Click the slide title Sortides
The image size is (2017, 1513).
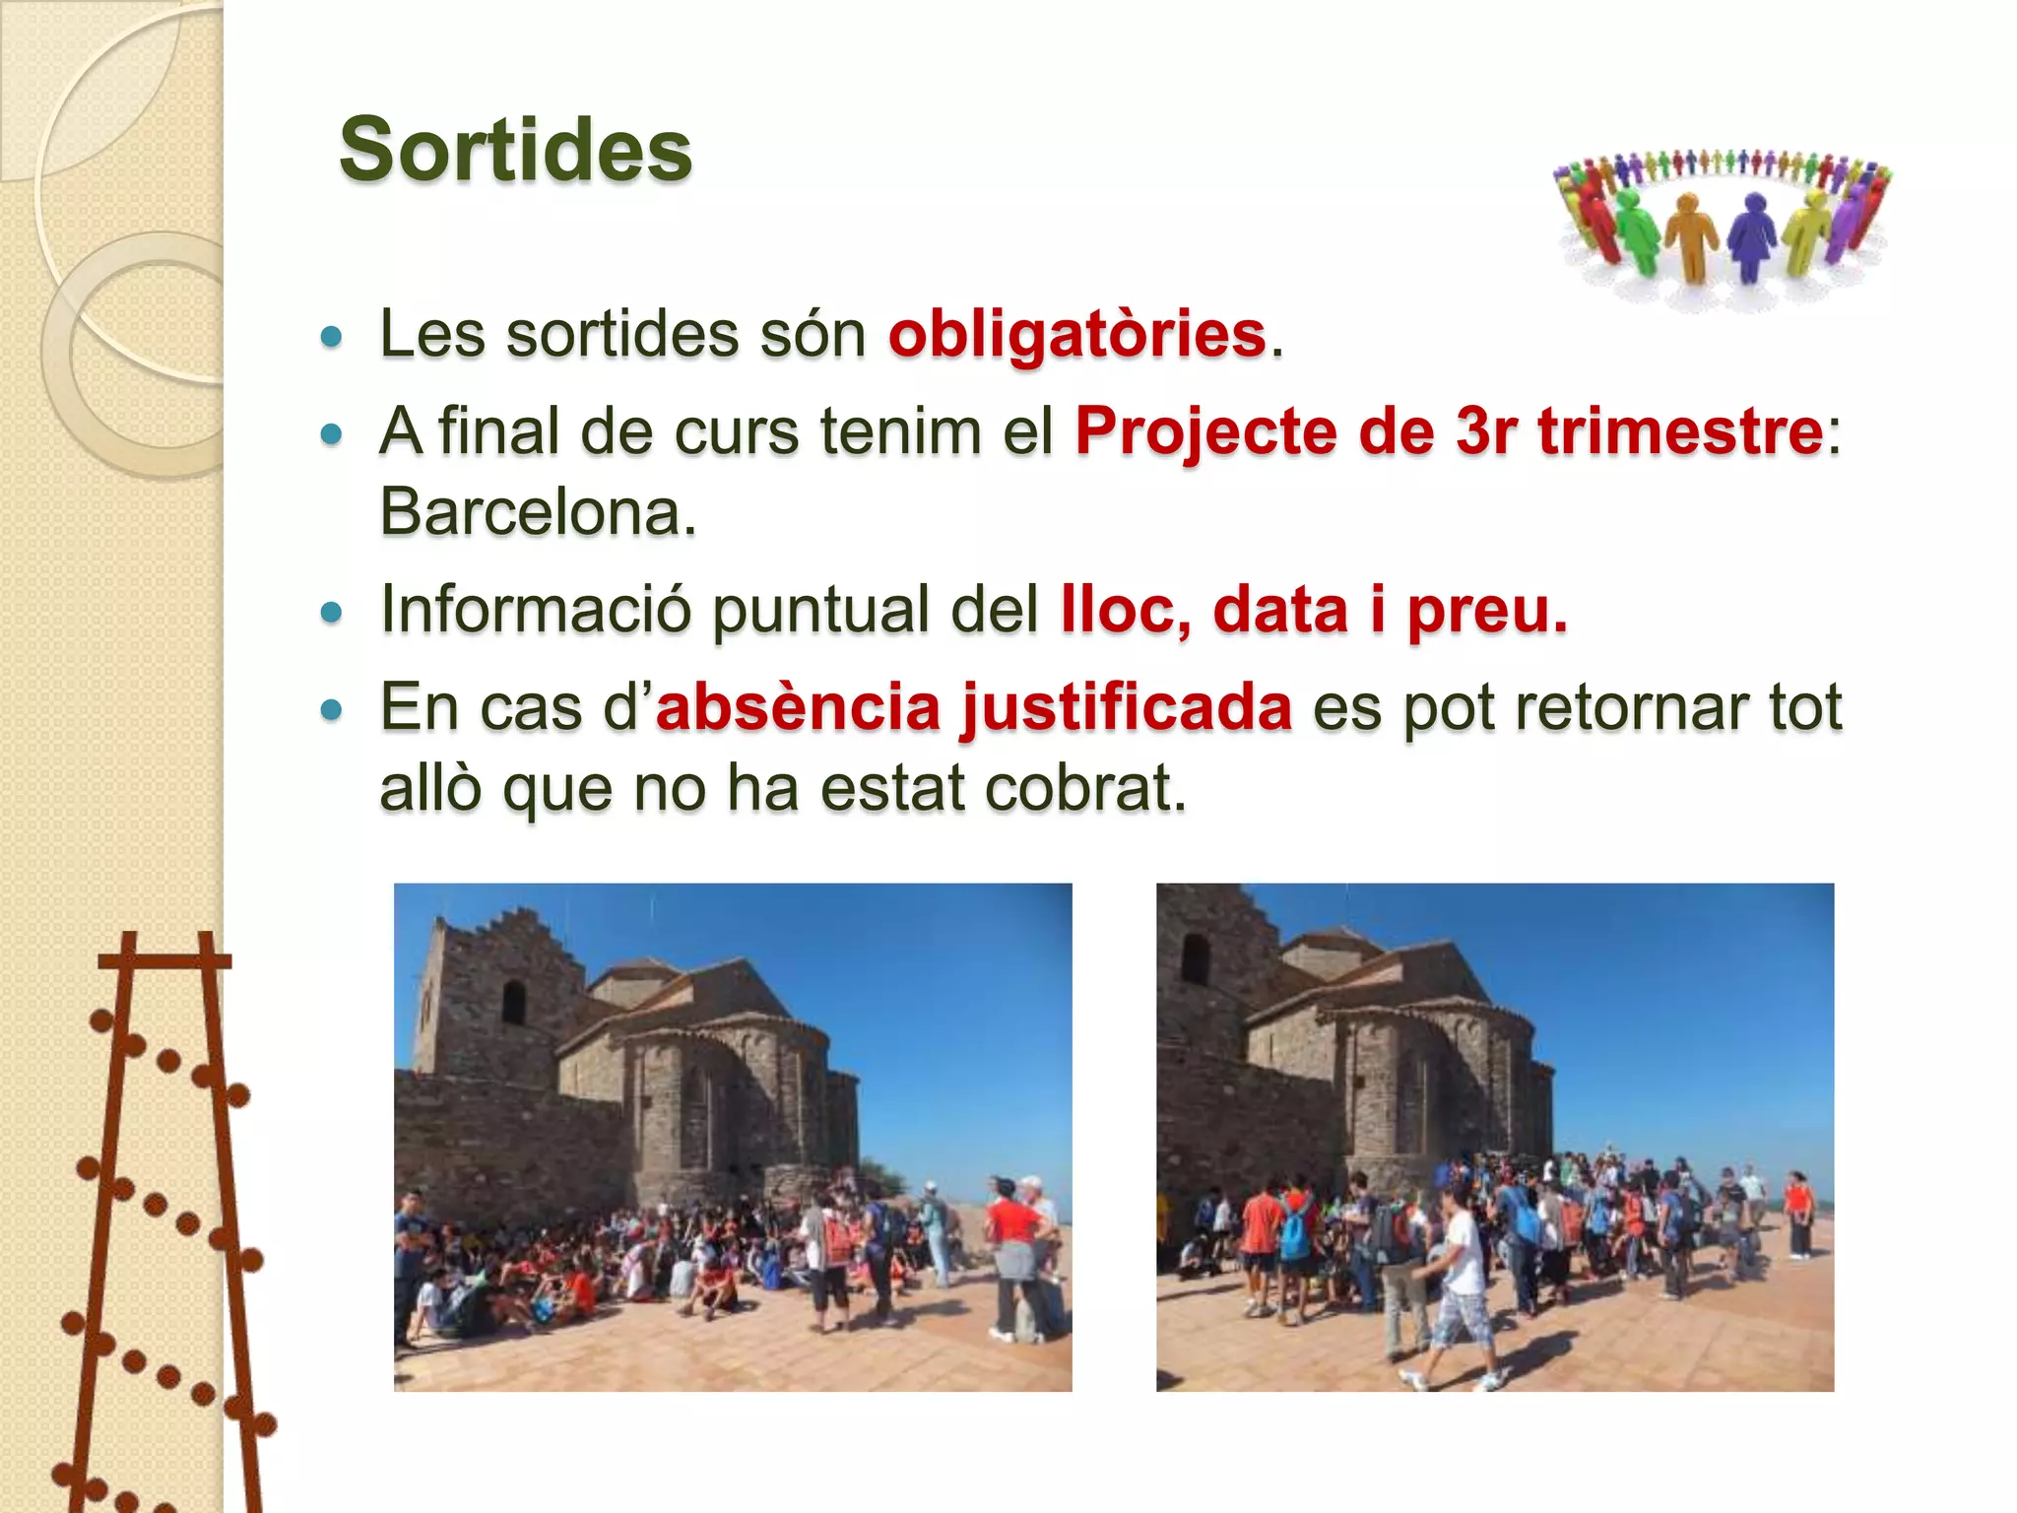[515, 150]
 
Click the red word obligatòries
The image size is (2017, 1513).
[1076, 334]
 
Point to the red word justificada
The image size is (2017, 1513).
[1126, 707]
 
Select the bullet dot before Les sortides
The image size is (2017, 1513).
[332, 337]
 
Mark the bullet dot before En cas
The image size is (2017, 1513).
[332, 709]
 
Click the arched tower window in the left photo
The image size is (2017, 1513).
[513, 1002]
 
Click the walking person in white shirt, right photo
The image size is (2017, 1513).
[1461, 1281]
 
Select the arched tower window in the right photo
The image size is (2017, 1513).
[1195, 957]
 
